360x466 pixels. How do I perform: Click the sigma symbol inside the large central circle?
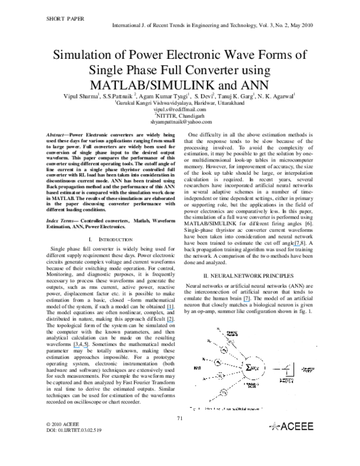pos(248,366)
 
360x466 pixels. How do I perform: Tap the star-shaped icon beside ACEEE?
pos(274,426)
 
